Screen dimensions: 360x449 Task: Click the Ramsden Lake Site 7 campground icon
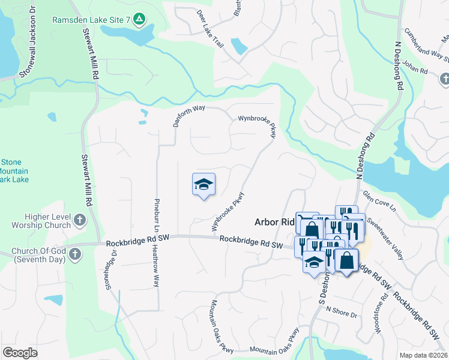click(139, 20)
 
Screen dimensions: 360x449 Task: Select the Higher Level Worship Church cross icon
click(80, 220)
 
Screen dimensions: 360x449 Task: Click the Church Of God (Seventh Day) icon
click(74, 254)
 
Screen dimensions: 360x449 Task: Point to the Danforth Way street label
click(190, 113)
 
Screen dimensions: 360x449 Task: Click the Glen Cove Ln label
click(379, 202)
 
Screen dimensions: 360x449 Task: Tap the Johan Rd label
click(415, 70)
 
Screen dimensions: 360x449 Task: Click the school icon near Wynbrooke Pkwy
click(203, 184)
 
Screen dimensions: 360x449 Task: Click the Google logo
click(20, 353)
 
